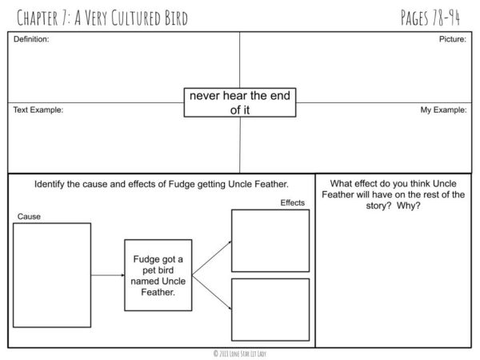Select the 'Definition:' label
click(x=31, y=38)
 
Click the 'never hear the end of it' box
click(x=240, y=102)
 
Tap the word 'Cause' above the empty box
click(x=29, y=216)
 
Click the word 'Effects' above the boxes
click(x=292, y=202)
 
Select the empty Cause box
click(x=51, y=274)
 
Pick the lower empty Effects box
click(x=270, y=309)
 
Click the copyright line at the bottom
click(x=240, y=352)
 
